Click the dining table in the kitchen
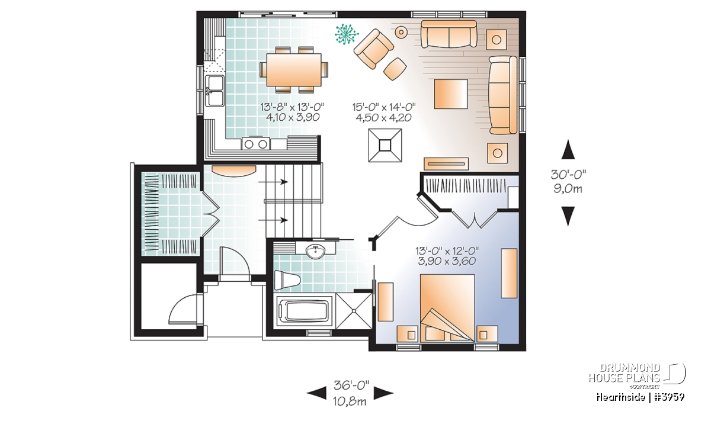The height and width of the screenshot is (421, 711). [x=294, y=69]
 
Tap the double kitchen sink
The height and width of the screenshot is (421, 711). [x=215, y=91]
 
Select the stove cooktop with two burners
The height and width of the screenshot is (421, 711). [x=255, y=144]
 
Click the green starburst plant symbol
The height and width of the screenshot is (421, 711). [x=347, y=34]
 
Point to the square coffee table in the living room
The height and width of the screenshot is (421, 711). [x=451, y=94]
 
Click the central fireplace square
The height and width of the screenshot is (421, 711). [x=385, y=145]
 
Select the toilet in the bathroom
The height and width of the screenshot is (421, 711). [x=287, y=280]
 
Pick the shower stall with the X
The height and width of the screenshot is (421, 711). [x=354, y=311]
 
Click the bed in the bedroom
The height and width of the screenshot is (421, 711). [x=447, y=308]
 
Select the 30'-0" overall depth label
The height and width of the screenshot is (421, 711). [x=568, y=174]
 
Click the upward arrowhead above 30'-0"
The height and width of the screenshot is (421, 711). [x=568, y=149]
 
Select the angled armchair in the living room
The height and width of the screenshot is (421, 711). [x=374, y=49]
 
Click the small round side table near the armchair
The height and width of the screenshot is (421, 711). [x=401, y=32]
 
